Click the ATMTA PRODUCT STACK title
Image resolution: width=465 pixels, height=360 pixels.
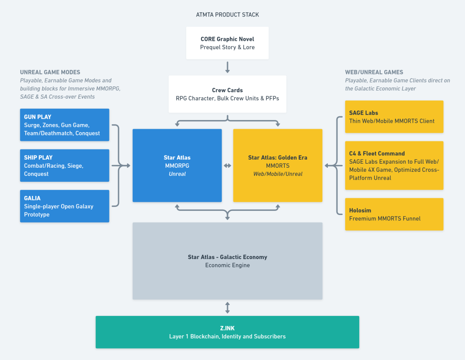click(x=228, y=15)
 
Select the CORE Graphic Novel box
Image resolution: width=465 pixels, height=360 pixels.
click(x=228, y=43)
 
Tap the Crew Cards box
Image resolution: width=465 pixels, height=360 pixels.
click(x=228, y=94)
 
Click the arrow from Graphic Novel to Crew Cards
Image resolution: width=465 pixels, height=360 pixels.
click(x=228, y=67)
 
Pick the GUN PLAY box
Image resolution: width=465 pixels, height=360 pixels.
click(x=64, y=125)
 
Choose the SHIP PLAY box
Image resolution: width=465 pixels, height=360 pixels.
click(x=64, y=165)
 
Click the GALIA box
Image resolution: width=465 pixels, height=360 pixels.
click(x=64, y=206)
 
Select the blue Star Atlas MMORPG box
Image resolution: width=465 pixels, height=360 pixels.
click(x=177, y=165)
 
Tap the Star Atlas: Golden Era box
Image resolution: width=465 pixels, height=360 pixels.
click(x=277, y=165)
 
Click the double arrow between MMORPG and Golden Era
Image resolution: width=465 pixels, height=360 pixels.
click(x=228, y=166)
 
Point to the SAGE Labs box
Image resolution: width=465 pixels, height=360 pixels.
click(x=394, y=117)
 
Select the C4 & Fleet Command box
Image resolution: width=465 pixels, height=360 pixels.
click(x=394, y=165)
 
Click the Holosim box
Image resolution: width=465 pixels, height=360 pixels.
click(x=394, y=215)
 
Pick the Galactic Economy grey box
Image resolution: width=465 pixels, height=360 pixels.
click(x=228, y=261)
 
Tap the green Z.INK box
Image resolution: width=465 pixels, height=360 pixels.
click(x=228, y=332)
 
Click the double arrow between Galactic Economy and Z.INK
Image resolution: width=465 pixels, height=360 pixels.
click(x=228, y=308)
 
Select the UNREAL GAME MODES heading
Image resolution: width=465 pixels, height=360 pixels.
click(x=50, y=72)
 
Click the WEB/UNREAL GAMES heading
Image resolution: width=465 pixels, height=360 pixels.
click(x=374, y=72)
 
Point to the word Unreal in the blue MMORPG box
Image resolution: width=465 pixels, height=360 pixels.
click(x=177, y=174)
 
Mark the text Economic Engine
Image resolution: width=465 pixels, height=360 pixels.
click(x=228, y=265)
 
